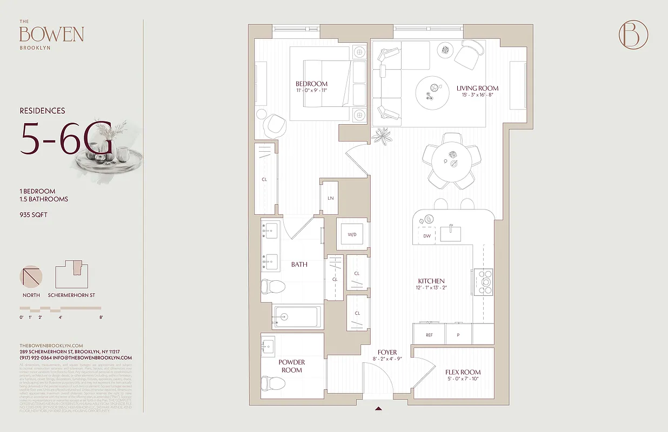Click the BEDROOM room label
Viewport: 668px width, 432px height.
(x=311, y=84)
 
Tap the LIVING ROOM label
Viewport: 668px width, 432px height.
(x=477, y=88)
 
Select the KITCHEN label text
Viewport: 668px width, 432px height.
(x=431, y=281)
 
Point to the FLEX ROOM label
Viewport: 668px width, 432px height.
(x=463, y=372)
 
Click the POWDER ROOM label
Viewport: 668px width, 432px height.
(x=292, y=366)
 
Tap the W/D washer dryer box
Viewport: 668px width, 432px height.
(x=352, y=235)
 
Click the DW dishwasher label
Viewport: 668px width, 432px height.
(x=427, y=236)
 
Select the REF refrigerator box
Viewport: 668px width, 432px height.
(x=429, y=335)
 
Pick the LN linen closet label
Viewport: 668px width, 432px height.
(x=330, y=198)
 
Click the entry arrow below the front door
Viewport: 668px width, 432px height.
(x=379, y=408)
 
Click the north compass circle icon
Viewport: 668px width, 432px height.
(x=31, y=276)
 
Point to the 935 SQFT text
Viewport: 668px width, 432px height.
(x=35, y=215)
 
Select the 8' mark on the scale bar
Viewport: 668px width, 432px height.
(x=101, y=318)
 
